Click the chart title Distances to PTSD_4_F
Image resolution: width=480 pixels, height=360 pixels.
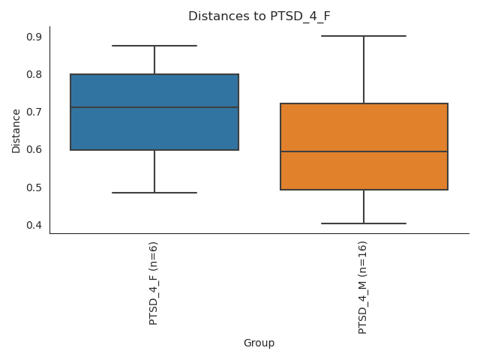[x=259, y=16]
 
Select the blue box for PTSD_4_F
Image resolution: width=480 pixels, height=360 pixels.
[x=154, y=127]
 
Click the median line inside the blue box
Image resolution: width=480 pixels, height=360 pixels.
[x=154, y=107]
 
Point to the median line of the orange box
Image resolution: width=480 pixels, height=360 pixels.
[x=364, y=151]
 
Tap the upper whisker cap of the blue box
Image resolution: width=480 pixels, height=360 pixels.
[x=154, y=46]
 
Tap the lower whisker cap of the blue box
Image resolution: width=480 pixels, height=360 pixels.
[x=154, y=193]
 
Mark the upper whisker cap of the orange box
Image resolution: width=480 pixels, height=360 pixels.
[x=364, y=36]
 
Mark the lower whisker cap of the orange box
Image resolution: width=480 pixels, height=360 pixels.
[x=364, y=223]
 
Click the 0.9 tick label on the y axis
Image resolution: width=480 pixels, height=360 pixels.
[x=34, y=37]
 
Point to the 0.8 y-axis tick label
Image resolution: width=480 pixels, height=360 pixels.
[x=34, y=74]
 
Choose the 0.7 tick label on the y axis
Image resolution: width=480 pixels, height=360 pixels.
[x=34, y=112]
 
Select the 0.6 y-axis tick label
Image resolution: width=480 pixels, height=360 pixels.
[x=34, y=149]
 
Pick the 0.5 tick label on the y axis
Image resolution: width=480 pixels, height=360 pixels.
[x=34, y=187]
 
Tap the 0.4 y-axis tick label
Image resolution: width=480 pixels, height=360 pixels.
[x=34, y=225]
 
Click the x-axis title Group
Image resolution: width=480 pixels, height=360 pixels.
[x=259, y=343]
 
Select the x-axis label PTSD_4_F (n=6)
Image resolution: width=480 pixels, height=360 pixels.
[x=154, y=283]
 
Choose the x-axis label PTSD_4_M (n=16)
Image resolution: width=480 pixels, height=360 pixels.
[x=364, y=287]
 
